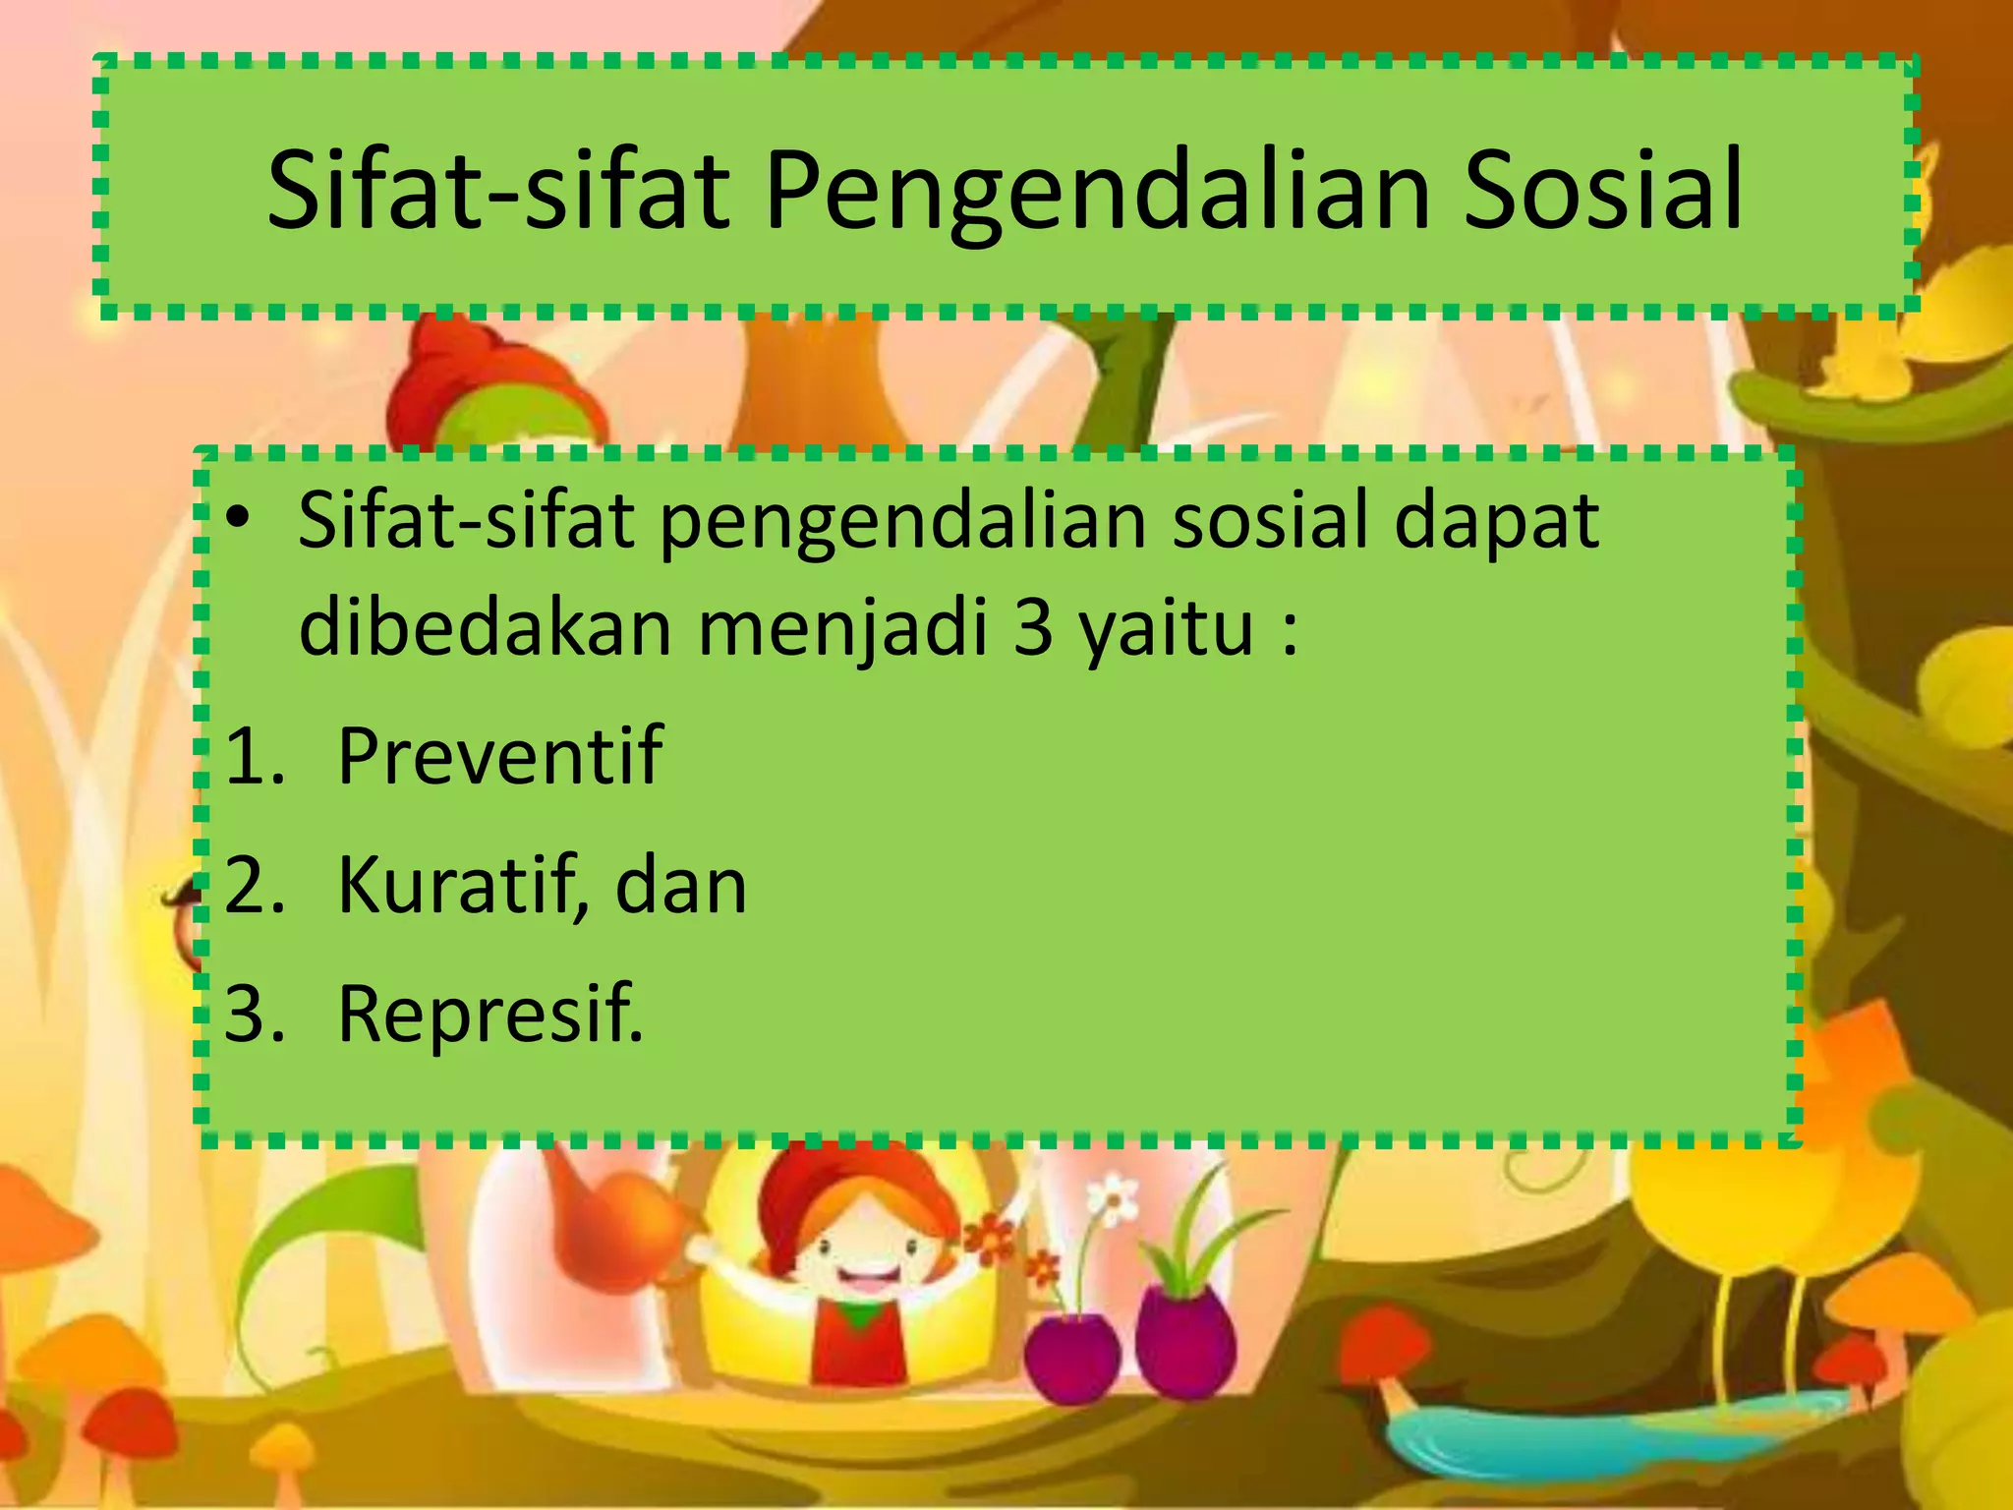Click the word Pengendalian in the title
[1096, 192]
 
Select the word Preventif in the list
[499, 756]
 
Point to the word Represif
[489, 1015]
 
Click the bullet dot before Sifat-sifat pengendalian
[239, 520]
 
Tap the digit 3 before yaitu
[1033, 629]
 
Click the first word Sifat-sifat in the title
[497, 192]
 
